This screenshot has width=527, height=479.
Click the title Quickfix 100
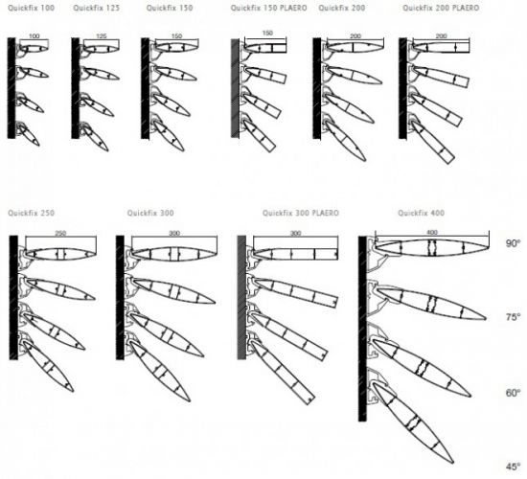[x=32, y=8]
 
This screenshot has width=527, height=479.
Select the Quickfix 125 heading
[x=97, y=8]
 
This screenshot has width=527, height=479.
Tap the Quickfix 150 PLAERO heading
[x=268, y=8]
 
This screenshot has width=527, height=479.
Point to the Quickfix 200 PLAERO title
[x=441, y=8]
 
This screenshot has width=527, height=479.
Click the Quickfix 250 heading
[x=32, y=213]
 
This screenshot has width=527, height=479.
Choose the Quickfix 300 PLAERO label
[x=301, y=213]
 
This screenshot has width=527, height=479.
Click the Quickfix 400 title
[x=422, y=213]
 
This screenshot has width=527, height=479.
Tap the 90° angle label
[x=514, y=243]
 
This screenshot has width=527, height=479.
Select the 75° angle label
[x=514, y=317]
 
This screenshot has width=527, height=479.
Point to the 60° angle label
[x=514, y=393]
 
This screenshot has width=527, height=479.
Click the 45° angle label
[x=514, y=467]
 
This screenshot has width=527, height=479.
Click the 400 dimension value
[x=432, y=232]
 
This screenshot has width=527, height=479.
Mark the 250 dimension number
[x=60, y=234]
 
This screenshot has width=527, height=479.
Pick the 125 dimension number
[x=102, y=36]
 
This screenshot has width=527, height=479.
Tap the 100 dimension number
[x=34, y=36]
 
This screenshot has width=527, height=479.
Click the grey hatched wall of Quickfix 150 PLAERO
[x=235, y=88]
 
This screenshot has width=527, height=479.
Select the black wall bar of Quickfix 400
[x=362, y=329]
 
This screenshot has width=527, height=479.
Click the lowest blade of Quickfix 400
[x=413, y=422]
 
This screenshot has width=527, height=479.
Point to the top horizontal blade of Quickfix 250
[x=60, y=254]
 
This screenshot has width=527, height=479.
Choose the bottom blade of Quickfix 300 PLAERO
[x=283, y=372]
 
